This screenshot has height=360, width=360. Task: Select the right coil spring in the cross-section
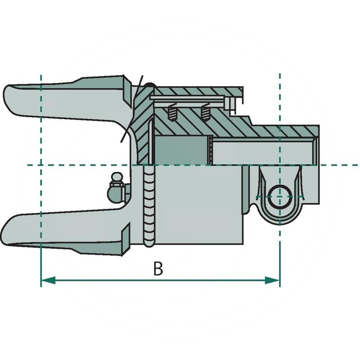point(205,112)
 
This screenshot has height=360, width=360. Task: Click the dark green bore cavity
point(182,150)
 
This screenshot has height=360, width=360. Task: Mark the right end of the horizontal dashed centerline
point(358,165)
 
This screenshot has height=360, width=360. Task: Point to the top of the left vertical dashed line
point(41,76)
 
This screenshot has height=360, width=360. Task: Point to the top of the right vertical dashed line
point(280,75)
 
